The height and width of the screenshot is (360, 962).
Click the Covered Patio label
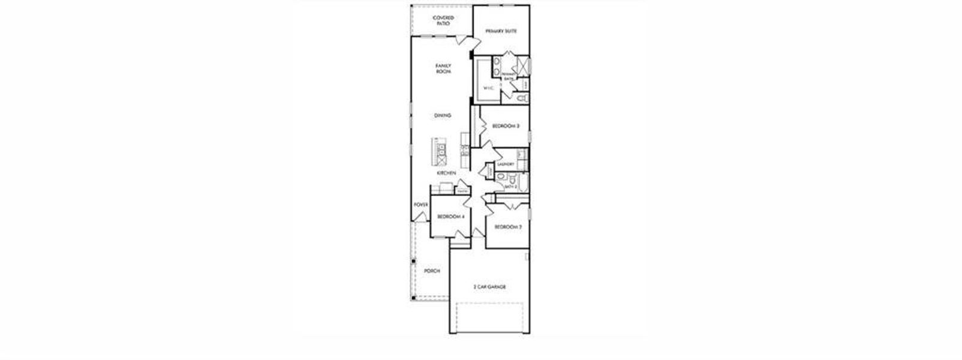coord(443,20)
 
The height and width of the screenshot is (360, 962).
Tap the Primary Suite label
coord(501,31)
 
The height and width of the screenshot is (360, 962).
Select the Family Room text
coord(443,68)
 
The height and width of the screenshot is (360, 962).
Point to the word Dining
coord(443,115)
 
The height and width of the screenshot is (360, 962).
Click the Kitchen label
coord(446,173)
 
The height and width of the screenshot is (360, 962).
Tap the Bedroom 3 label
coord(506,126)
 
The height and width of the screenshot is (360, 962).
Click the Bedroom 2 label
coord(507,227)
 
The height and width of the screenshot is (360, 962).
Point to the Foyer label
coord(420,205)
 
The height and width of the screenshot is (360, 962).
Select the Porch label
coord(432,271)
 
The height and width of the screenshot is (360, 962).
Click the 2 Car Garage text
coord(489,287)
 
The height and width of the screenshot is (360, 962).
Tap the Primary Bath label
coord(508,77)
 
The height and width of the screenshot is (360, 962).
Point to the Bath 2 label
coord(510,187)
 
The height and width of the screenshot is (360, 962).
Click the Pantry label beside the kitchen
coord(462,192)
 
